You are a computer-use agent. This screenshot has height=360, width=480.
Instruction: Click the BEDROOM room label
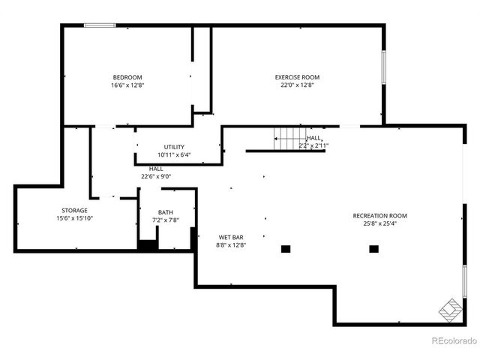[x=127, y=77]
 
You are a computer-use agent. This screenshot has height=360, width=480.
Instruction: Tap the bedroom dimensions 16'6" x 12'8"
[x=127, y=85]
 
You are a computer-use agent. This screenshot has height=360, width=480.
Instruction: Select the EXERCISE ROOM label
[x=297, y=77]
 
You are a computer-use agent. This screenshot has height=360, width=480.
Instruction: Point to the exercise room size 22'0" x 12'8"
[x=297, y=85]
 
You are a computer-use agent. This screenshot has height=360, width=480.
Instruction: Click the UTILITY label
[x=174, y=147]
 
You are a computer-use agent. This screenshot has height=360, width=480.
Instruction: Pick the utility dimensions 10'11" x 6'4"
[x=174, y=155]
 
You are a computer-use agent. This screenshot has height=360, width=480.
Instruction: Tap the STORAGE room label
[x=74, y=210]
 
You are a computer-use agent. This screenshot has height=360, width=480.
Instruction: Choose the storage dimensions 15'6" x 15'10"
[x=74, y=218]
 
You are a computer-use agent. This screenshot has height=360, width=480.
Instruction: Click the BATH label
[x=165, y=212]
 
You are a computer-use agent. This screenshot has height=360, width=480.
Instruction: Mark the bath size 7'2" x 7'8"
[x=165, y=220]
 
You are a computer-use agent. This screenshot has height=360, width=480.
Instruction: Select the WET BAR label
[x=231, y=237]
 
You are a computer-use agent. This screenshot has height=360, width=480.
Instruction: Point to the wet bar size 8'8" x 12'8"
[x=231, y=245]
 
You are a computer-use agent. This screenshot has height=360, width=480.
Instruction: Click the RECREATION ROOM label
[x=380, y=216]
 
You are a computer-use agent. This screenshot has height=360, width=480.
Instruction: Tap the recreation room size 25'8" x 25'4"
[x=380, y=224]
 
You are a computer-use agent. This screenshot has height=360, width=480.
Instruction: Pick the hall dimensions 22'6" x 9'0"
[x=156, y=177]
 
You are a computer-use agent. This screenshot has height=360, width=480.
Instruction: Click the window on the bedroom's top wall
[x=99, y=25]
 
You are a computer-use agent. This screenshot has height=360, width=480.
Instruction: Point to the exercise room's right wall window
[x=384, y=67]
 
